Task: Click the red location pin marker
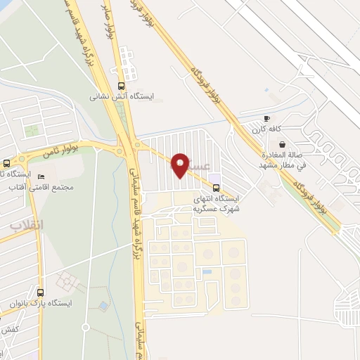point(180,165)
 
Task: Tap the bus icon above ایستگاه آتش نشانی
point(122,85)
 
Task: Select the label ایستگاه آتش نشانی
point(122,96)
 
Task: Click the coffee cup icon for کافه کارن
point(266,118)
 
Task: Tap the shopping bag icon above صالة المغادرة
point(283,144)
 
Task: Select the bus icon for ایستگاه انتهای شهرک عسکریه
point(216,187)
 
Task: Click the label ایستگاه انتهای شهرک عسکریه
point(217,204)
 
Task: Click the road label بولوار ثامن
point(77,149)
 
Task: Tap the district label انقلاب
point(27,226)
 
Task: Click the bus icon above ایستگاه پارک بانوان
point(40,292)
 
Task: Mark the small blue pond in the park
point(104,306)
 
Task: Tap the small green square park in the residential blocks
point(31,130)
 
